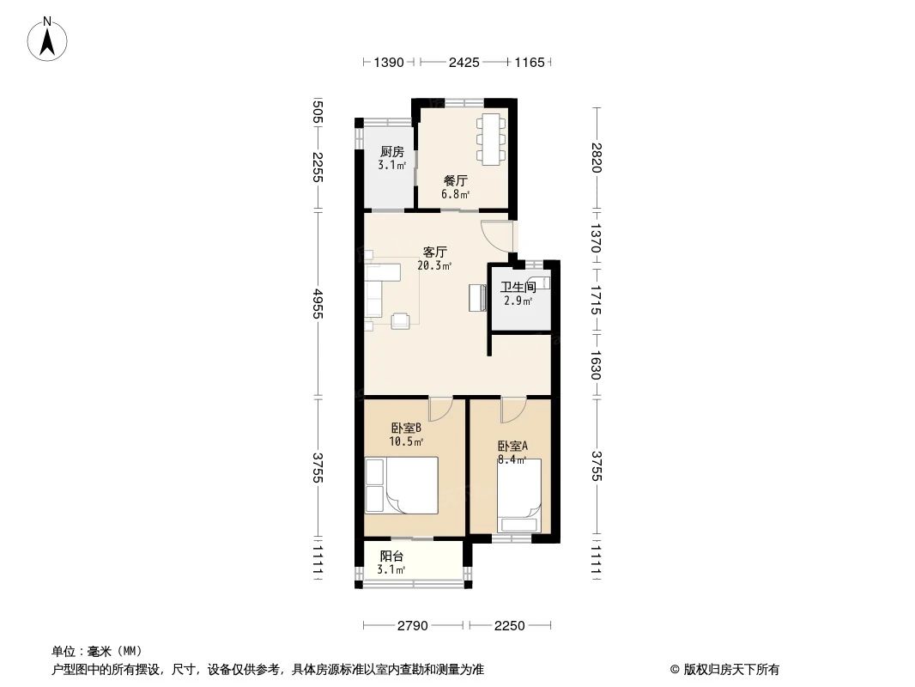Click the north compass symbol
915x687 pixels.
point(50,39)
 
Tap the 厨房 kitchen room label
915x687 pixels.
point(392,152)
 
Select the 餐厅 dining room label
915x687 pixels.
point(455,181)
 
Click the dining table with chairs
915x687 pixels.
point(491,138)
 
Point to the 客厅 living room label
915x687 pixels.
point(434,252)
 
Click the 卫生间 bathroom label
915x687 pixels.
point(518,288)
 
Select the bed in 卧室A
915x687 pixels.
point(520,495)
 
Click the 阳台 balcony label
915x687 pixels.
point(391,556)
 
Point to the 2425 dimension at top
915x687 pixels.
point(464,63)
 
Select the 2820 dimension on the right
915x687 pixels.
point(597,158)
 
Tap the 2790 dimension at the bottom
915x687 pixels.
point(413,626)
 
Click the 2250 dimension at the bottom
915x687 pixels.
point(509,626)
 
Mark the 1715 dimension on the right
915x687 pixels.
point(597,297)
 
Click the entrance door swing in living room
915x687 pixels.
point(498,235)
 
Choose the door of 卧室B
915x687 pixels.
point(439,409)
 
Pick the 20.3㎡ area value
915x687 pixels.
point(434,266)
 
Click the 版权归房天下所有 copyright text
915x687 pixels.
point(724,669)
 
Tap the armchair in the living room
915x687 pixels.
point(401,320)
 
